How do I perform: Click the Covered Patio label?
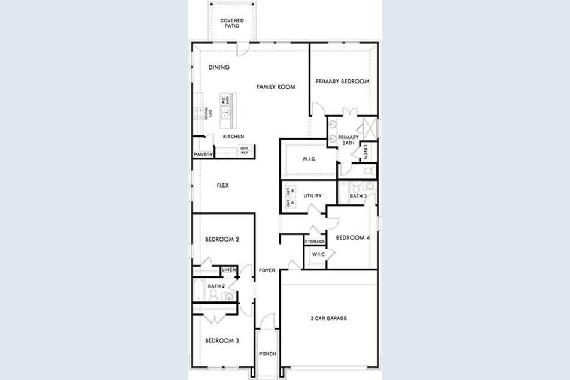coord(231,23)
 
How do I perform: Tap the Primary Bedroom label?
coord(343,82)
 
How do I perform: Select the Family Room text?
coord(276,87)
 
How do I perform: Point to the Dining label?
coord(219,68)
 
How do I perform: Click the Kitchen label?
coord(233,137)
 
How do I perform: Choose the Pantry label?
coord(203,155)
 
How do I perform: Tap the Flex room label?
coord(223,185)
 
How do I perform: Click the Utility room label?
coord(312,195)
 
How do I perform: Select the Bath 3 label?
coord(358,196)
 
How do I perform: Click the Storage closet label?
coord(315,242)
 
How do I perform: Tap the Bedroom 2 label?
coord(222,239)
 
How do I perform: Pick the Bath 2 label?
coord(216,286)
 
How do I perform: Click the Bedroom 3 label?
coord(222,340)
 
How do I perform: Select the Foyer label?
coord(267,270)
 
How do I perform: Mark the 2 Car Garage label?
coord(328,318)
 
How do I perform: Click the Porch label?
coord(267,354)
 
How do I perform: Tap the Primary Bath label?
coord(348,140)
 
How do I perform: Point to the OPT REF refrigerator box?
coord(245,150)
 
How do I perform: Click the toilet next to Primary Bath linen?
coord(368,171)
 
